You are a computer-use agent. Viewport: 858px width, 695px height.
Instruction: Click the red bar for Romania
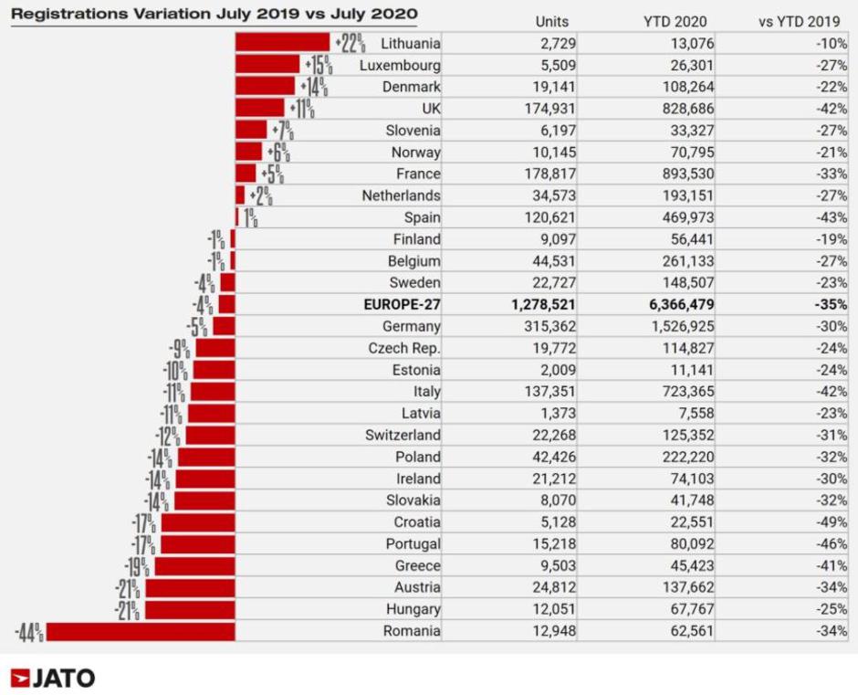pyautogui.click(x=141, y=631)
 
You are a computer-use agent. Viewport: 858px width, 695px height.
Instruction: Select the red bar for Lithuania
pyautogui.click(x=282, y=42)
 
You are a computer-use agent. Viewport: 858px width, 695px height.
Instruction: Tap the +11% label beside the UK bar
pyautogui.click(x=302, y=109)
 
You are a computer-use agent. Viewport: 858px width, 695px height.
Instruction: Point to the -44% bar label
pyautogui.click(x=28, y=631)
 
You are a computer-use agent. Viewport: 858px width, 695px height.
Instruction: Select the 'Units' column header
pyautogui.click(x=552, y=21)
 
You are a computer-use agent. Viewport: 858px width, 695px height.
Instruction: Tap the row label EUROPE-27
pyautogui.click(x=402, y=304)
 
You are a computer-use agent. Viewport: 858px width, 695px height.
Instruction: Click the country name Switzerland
pyautogui.click(x=403, y=435)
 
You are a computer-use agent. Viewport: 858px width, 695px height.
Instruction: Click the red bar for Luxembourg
pyautogui.click(x=267, y=64)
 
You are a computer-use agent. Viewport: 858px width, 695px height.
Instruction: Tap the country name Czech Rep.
pyautogui.click(x=404, y=348)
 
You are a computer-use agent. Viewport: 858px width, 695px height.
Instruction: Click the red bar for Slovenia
pyautogui.click(x=251, y=130)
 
